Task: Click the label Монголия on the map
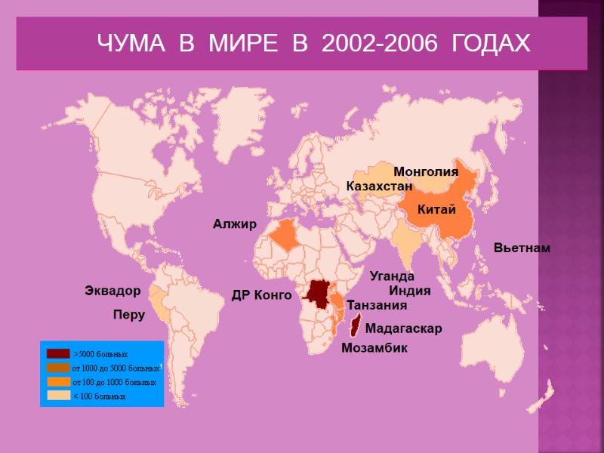426,172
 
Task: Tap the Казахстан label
379,186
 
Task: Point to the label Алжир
235,224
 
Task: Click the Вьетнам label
522,248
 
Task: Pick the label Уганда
392,276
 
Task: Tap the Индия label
409,291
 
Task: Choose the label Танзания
377,306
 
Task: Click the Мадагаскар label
403,329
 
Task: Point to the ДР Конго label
261,295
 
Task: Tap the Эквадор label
112,291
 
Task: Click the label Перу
128,315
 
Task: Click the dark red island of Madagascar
354,329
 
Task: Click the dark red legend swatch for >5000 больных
58,353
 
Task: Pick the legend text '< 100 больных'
99,396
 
